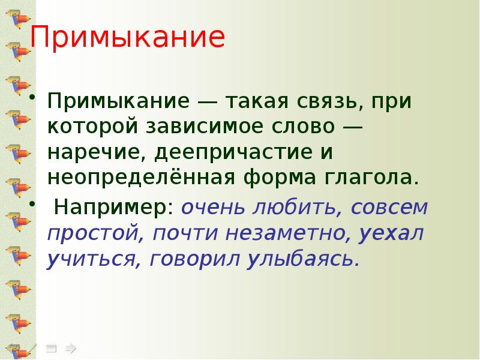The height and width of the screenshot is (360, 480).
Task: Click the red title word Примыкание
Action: (128, 38)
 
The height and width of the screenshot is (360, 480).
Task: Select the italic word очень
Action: (208, 208)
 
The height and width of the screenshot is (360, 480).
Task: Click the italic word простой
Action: (94, 234)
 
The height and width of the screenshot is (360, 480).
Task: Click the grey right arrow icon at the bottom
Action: (71, 347)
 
